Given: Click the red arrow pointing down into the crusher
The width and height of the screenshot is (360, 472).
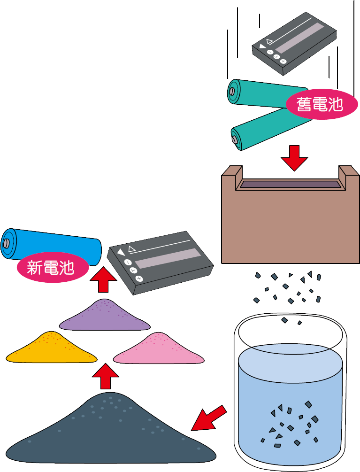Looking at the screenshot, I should tap(294, 158).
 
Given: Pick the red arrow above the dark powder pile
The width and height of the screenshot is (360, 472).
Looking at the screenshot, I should tap(105, 376).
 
